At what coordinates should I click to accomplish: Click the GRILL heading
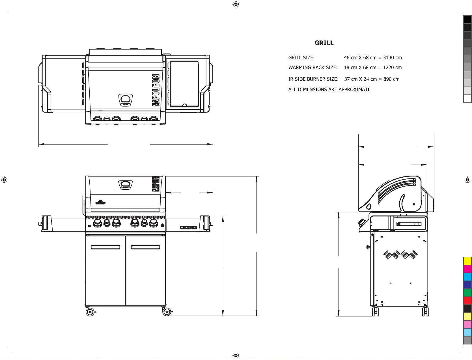pyautogui.click(x=324, y=43)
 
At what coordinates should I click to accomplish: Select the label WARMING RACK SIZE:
pyautogui.click(x=313, y=68)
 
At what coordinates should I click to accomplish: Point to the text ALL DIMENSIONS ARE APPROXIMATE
pyautogui.click(x=329, y=89)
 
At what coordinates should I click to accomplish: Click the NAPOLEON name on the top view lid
pyautogui.click(x=156, y=90)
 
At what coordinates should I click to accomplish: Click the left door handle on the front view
pyautogui.click(x=105, y=247)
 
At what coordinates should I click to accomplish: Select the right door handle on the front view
pyautogui.click(x=146, y=247)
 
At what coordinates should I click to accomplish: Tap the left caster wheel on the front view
pyautogui.click(x=90, y=312)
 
